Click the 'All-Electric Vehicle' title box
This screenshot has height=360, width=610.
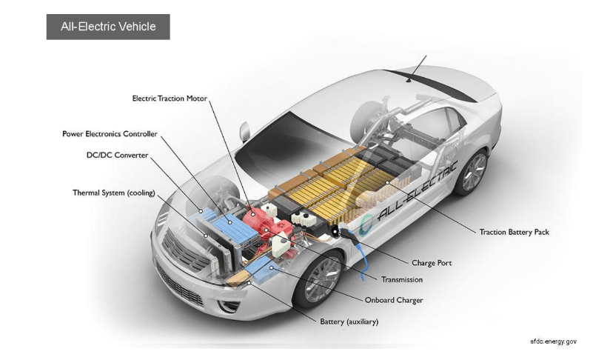click(x=108, y=27)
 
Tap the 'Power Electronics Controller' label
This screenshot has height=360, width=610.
click(x=110, y=134)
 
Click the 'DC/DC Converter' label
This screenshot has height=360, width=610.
click(x=118, y=156)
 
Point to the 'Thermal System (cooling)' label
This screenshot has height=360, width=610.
click(x=113, y=193)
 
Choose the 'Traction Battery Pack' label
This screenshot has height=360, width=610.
click(x=514, y=232)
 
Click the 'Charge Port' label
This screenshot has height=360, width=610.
click(x=431, y=262)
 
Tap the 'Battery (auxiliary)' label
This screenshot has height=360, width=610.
click(x=349, y=321)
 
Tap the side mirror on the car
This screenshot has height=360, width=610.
click(x=244, y=133)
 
